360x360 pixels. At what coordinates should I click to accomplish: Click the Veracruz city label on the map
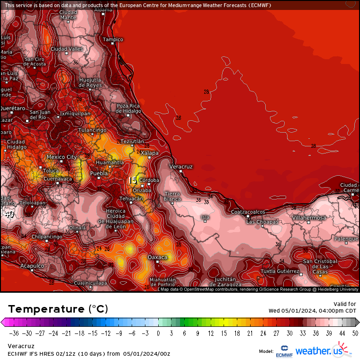(x=181, y=167)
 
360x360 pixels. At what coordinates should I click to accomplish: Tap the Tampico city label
(x=113, y=39)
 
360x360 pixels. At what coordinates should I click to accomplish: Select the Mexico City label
(x=62, y=157)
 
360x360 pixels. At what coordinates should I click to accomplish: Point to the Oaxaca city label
(x=158, y=257)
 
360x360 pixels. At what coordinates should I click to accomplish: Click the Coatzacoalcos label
(x=248, y=212)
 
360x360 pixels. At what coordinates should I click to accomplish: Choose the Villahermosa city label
(x=309, y=217)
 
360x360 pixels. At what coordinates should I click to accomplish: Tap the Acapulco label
(x=32, y=266)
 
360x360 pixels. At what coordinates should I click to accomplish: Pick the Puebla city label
(x=99, y=173)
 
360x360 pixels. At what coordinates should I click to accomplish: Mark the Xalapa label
(x=150, y=153)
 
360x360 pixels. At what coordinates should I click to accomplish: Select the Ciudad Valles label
(x=67, y=49)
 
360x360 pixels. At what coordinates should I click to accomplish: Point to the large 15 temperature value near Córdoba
(x=133, y=180)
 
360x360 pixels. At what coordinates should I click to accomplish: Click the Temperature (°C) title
(x=58, y=309)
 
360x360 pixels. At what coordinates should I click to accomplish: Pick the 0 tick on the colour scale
(x=158, y=333)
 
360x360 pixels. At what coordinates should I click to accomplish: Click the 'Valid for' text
(x=345, y=304)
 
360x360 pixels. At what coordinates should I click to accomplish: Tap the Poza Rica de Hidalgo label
(x=129, y=108)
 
